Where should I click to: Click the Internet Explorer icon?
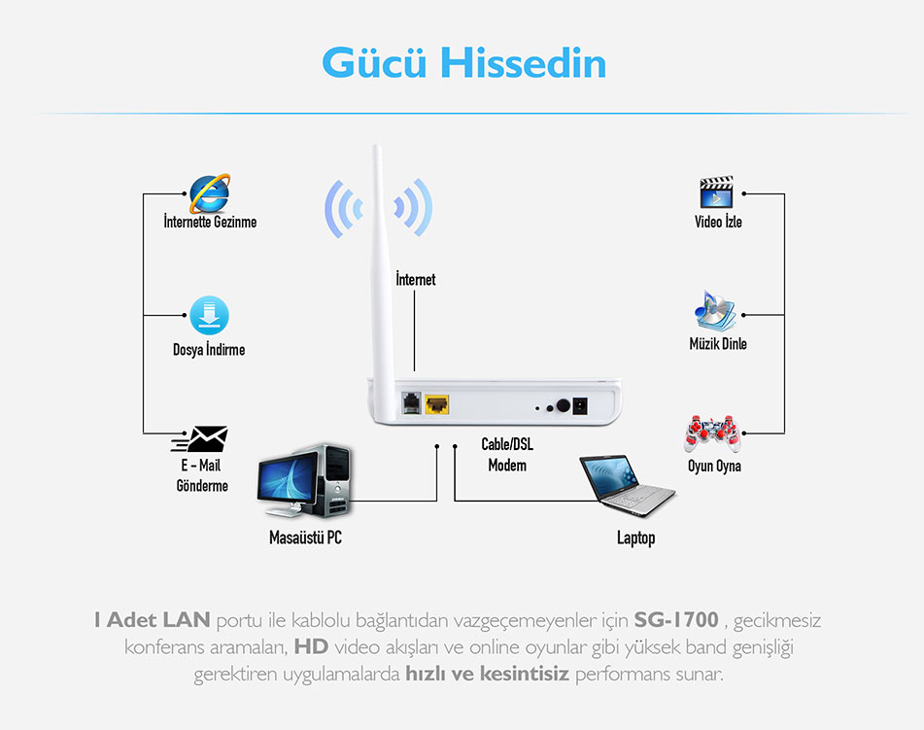pos(209,193)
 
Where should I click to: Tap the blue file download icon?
pos(209,316)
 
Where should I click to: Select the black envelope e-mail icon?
pos(200,438)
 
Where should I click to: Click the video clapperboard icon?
pos(717,192)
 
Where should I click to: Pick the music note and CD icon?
pos(715,311)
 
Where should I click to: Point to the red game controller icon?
pos(712,434)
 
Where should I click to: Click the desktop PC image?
pos(305,481)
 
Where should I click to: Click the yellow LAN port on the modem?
pos(436,404)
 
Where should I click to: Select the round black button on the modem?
pos(564,405)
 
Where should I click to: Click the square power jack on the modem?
pos(580,405)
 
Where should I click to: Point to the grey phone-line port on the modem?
pos(411,404)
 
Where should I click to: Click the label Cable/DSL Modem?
pos(507,455)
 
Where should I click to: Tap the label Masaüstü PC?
pos(305,538)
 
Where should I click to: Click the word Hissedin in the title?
pos(524,63)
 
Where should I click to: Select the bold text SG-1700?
pos(676,620)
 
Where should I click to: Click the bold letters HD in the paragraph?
pos(311,646)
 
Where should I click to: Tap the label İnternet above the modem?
pos(416,279)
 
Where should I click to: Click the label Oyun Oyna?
pos(714,466)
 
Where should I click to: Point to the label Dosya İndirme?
pos(209,349)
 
